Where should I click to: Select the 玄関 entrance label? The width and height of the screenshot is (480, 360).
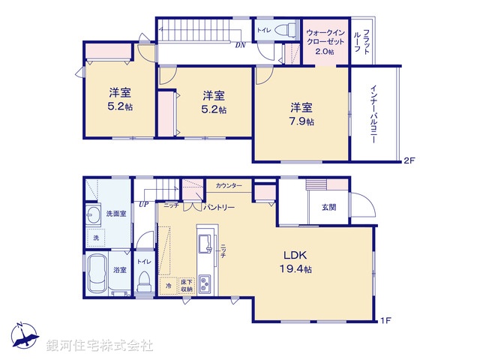(x=329, y=207)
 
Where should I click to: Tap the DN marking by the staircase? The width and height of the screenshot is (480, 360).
(x=240, y=46)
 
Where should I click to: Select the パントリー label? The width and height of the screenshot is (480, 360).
(x=218, y=206)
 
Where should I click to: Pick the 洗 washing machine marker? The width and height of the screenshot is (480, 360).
(x=95, y=238)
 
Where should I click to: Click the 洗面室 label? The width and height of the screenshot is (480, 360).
(x=115, y=213)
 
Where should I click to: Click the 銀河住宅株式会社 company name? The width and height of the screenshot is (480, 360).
(x=100, y=346)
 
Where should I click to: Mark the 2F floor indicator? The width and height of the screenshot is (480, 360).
(x=409, y=160)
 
